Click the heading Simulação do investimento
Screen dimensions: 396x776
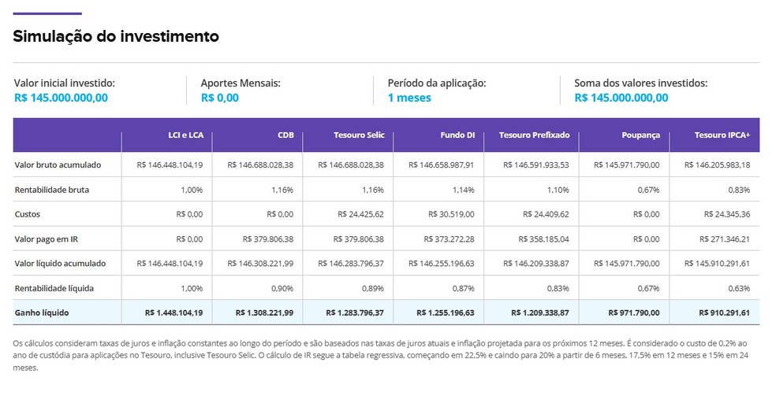(x=116, y=36)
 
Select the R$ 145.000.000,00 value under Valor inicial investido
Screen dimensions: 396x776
(x=61, y=98)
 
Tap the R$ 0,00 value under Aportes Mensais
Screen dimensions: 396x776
(x=219, y=98)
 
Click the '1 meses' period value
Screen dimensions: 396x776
(x=409, y=98)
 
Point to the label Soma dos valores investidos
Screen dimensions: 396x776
(x=640, y=83)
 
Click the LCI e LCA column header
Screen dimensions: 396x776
(x=180, y=135)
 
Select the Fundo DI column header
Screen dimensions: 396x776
(x=457, y=135)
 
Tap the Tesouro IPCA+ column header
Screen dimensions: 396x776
(x=722, y=135)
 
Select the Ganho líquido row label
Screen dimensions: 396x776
(x=42, y=313)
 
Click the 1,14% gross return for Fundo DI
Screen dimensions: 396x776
(x=463, y=190)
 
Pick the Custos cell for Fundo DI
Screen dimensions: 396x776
(x=451, y=214)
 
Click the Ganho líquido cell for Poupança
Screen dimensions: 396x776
(x=633, y=313)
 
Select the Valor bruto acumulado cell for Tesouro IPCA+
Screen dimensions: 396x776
(x=718, y=165)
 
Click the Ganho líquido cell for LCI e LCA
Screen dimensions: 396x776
(x=174, y=313)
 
